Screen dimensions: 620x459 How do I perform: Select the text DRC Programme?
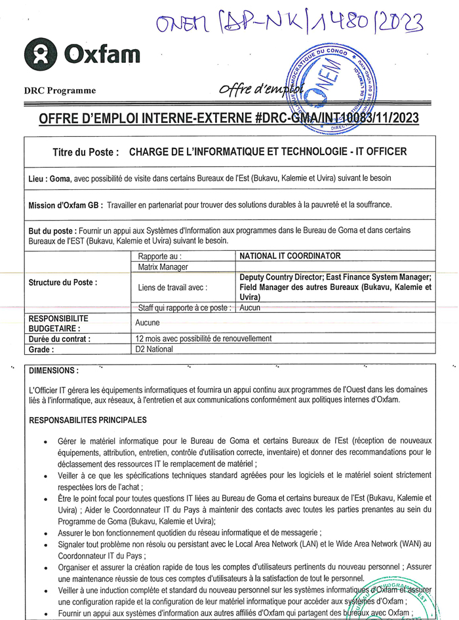point(60,90)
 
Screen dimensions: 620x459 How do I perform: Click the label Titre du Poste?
point(86,152)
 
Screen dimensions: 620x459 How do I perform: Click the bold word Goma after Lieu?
point(60,178)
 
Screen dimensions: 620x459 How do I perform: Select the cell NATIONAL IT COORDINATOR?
point(290,255)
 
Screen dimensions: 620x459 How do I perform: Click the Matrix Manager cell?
point(163,267)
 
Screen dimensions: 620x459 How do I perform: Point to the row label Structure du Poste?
point(63,282)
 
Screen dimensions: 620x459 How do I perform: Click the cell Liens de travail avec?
point(173,287)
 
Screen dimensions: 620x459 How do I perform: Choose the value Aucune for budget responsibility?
point(148,323)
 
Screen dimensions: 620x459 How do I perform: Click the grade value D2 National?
point(154,349)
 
